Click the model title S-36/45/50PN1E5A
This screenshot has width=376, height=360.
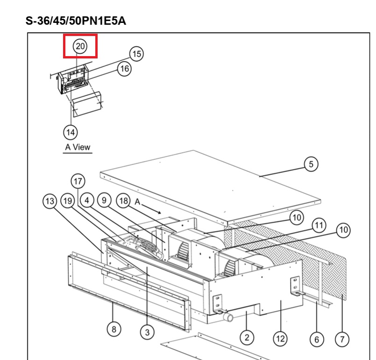pyautogui.click(x=76, y=21)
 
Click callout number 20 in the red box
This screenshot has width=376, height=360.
pyautogui.click(x=80, y=46)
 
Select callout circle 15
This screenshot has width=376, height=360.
pyautogui.click(x=136, y=54)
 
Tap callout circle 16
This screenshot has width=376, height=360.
pyautogui.click(x=124, y=68)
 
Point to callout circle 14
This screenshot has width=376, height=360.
pyautogui.click(x=71, y=132)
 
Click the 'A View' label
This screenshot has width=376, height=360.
pyautogui.click(x=77, y=147)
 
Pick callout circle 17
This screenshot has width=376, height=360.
pyautogui.click(x=78, y=180)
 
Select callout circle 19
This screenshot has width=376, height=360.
pyautogui.click(x=68, y=202)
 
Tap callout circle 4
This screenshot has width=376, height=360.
pyautogui.click(x=87, y=202)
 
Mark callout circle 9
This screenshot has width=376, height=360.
pyautogui.click(x=104, y=202)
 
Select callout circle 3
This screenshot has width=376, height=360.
pyautogui.click(x=147, y=332)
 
